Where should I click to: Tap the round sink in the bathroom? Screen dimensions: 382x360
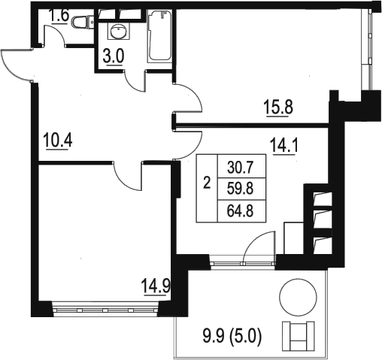click(119, 31)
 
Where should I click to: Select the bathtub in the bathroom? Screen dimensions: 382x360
click(159, 35)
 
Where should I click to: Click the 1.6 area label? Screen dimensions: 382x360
click(59, 16)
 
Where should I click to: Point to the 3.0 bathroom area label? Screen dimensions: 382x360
click(114, 57)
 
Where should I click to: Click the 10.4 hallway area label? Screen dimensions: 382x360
click(58, 141)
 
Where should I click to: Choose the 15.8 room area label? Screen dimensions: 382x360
click(278, 107)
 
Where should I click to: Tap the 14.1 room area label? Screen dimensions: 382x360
click(283, 146)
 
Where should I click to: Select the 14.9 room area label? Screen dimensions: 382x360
click(156, 287)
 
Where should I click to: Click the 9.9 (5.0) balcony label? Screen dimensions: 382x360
click(232, 337)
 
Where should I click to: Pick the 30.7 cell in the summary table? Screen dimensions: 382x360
click(241, 168)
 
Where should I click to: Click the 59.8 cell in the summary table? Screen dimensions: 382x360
click(241, 189)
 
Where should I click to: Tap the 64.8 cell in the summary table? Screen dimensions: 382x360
click(241, 211)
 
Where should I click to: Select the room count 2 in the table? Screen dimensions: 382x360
click(207, 183)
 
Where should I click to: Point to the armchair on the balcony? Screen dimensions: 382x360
click(298, 336)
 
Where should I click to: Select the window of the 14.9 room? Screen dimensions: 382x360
click(105, 310)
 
